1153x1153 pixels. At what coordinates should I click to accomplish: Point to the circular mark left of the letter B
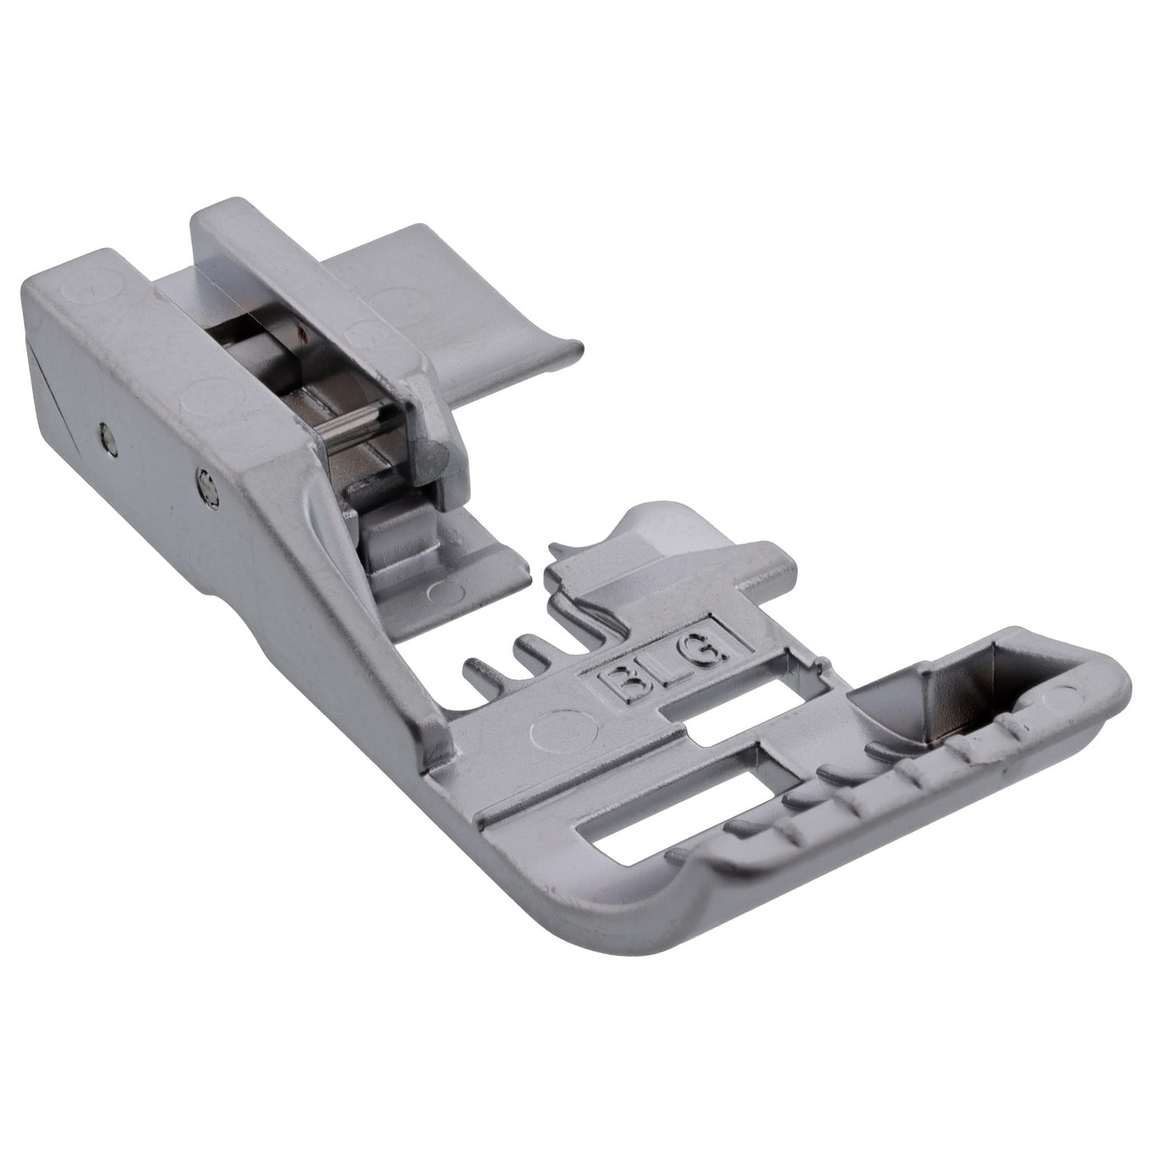[565, 728]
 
